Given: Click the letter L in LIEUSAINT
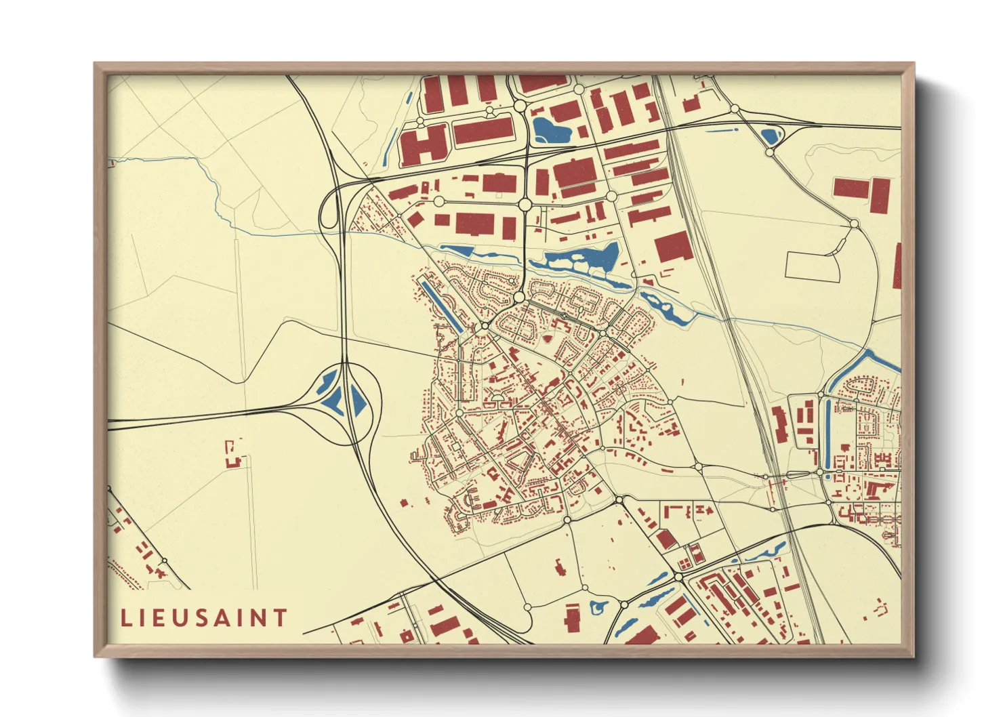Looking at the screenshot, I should (x=126, y=618).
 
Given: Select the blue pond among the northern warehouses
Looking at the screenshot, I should (x=550, y=129).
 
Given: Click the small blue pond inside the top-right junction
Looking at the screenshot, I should (x=769, y=136).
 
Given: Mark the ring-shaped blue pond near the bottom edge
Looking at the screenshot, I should (x=598, y=607).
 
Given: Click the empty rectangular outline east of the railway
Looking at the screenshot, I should (x=813, y=266).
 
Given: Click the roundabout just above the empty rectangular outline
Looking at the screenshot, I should (x=854, y=223).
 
